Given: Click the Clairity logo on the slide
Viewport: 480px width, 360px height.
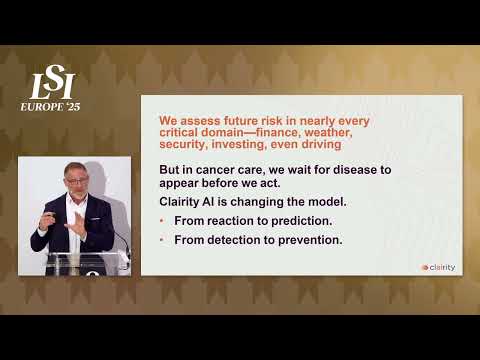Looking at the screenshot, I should [438, 267].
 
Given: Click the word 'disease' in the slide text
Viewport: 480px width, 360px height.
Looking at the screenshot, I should [333, 170].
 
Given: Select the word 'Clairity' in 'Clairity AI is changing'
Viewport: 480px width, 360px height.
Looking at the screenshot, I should [182, 200].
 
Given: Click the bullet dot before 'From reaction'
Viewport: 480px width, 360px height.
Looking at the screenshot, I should [163, 219].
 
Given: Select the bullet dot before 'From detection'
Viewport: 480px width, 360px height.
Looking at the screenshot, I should [163, 240].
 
